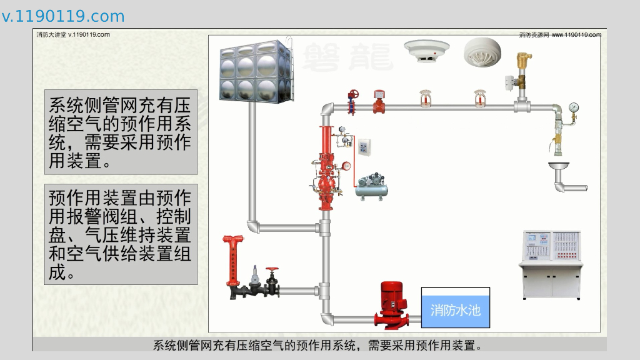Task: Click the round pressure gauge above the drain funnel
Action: point(574,107)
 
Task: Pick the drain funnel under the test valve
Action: point(558,167)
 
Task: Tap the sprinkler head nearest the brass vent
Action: point(480,98)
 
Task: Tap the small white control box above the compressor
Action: point(365,148)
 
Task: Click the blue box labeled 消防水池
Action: point(456,308)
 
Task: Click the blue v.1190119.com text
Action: point(63,16)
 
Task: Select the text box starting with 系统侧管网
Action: point(121,132)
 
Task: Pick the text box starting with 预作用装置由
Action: point(121,234)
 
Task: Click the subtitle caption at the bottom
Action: point(319,345)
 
